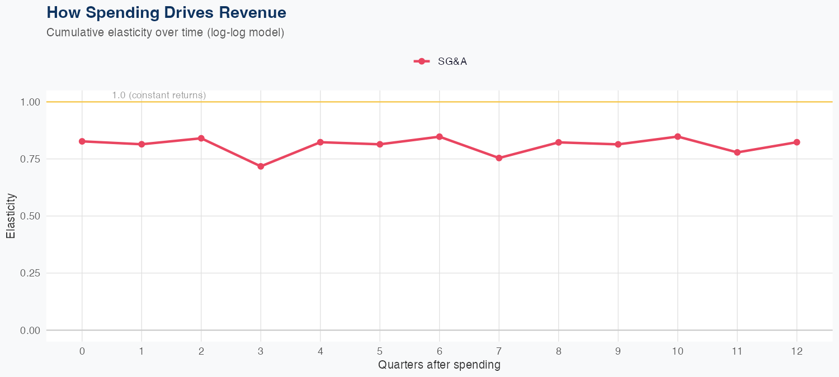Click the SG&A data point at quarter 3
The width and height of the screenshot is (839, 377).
261,166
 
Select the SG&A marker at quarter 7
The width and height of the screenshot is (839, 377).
499,158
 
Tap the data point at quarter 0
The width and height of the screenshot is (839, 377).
82,141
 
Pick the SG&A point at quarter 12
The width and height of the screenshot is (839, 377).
796,142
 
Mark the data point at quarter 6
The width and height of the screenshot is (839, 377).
440,137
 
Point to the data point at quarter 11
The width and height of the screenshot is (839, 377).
737,152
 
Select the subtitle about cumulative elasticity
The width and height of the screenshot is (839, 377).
166,32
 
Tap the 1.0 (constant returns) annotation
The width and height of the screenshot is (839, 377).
159,96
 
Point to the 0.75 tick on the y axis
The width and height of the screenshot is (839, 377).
30,159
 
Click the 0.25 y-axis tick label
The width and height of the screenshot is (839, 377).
30,273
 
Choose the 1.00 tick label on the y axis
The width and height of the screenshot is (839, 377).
30,102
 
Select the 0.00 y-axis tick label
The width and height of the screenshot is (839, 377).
30,331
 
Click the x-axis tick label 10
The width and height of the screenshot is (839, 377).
677,351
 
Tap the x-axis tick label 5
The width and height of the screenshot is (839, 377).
380,351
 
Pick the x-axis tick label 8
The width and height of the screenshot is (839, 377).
558,351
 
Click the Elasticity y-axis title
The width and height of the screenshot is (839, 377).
11,216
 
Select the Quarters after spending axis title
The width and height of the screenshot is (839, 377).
439,365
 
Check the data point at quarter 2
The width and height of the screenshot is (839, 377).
201,138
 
